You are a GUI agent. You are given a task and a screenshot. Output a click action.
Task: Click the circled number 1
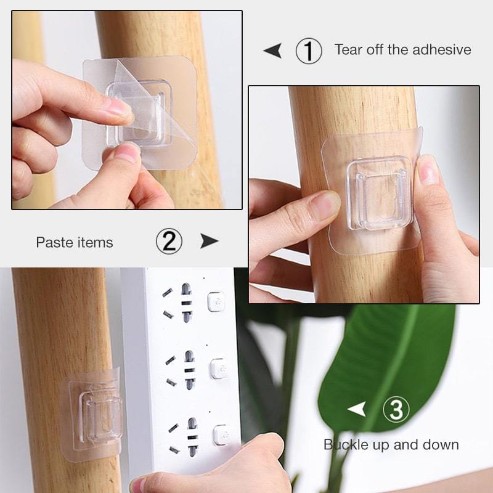click(309, 51)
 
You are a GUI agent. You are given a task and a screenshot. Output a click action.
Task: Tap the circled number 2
click(169, 241)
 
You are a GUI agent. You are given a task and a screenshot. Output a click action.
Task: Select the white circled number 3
click(396, 409)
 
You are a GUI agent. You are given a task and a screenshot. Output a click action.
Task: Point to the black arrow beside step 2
click(210, 241)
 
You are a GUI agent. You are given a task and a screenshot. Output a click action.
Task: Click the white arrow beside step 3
click(357, 409)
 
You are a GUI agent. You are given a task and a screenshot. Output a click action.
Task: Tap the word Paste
click(55, 242)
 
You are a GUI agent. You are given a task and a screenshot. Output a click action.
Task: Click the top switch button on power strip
click(216, 302)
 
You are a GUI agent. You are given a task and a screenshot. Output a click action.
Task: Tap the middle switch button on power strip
click(219, 369)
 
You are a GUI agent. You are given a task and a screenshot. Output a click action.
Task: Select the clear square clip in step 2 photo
click(380, 193)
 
